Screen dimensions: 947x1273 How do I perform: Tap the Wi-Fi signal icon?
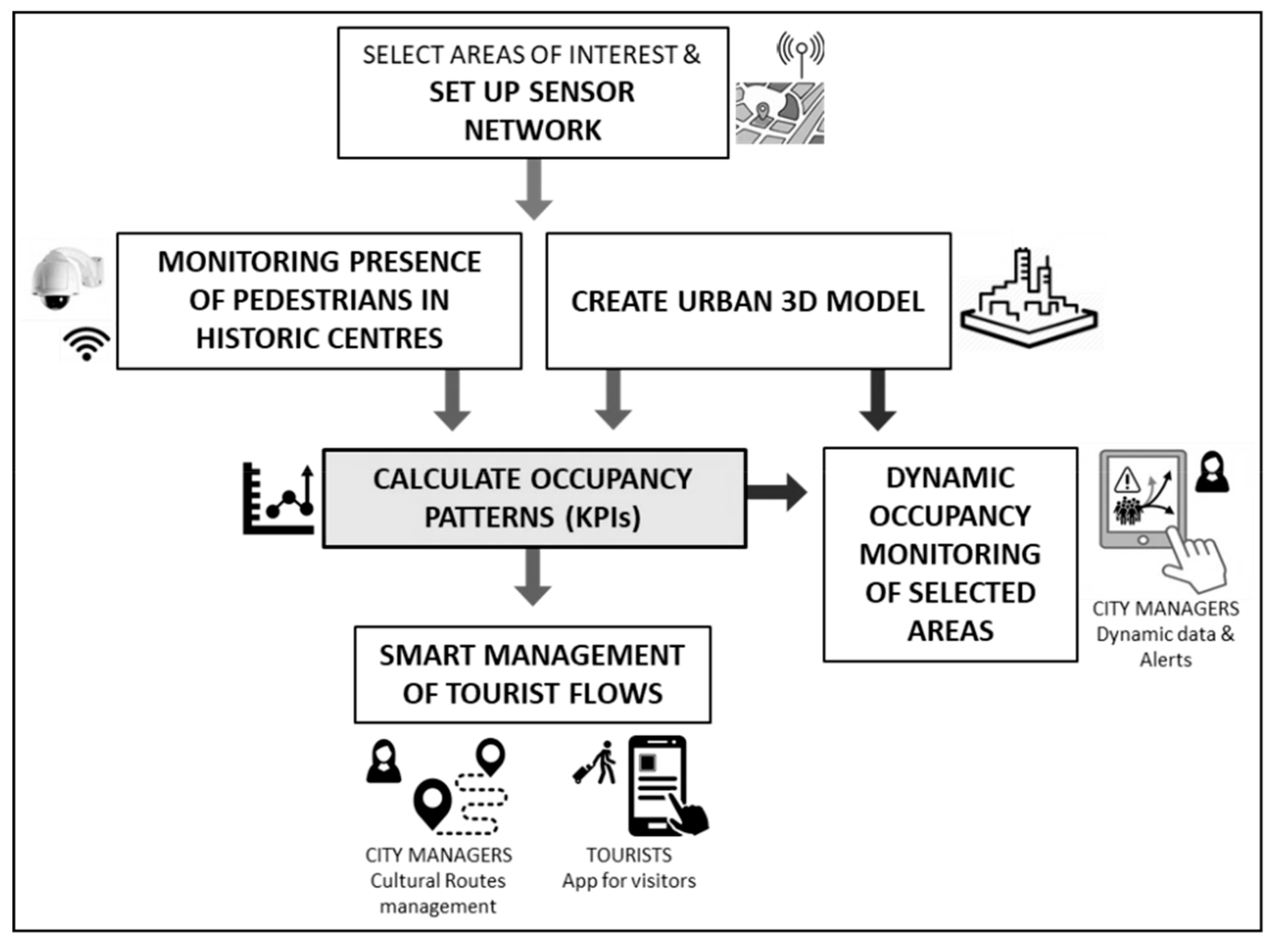pyautogui.click(x=86, y=344)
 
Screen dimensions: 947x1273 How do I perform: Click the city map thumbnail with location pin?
pyautogui.click(x=780, y=113)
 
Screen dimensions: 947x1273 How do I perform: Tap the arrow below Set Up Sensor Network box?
pyautogui.click(x=534, y=190)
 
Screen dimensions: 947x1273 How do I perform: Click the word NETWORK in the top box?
pyautogui.click(x=533, y=131)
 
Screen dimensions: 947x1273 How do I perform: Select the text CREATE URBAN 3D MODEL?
pyautogui.click(x=748, y=301)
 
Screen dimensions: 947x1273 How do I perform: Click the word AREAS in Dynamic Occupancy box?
pyautogui.click(x=950, y=631)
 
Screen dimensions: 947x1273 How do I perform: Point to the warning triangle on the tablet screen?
pyautogui.click(x=1126, y=480)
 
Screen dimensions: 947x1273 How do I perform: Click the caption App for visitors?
pyautogui.click(x=629, y=881)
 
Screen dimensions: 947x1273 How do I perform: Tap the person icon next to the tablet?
pyautogui.click(x=1212, y=473)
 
